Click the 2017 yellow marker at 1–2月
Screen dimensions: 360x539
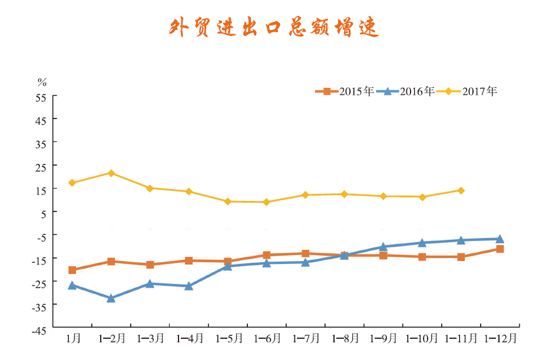pyautogui.click(x=111, y=173)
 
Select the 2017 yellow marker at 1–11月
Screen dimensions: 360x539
pyautogui.click(x=461, y=190)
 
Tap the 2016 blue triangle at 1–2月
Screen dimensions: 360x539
pyautogui.click(x=111, y=298)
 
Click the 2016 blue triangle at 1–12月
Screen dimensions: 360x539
pyautogui.click(x=500, y=239)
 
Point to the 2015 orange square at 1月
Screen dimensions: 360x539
pyautogui.click(x=72, y=270)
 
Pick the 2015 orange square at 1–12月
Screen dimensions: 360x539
pyautogui.click(x=500, y=249)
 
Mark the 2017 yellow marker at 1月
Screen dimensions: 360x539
pyautogui.click(x=72, y=183)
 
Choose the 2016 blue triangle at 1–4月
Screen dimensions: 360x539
pyautogui.click(x=189, y=286)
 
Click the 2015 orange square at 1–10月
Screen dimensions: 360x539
pyautogui.click(x=422, y=257)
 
